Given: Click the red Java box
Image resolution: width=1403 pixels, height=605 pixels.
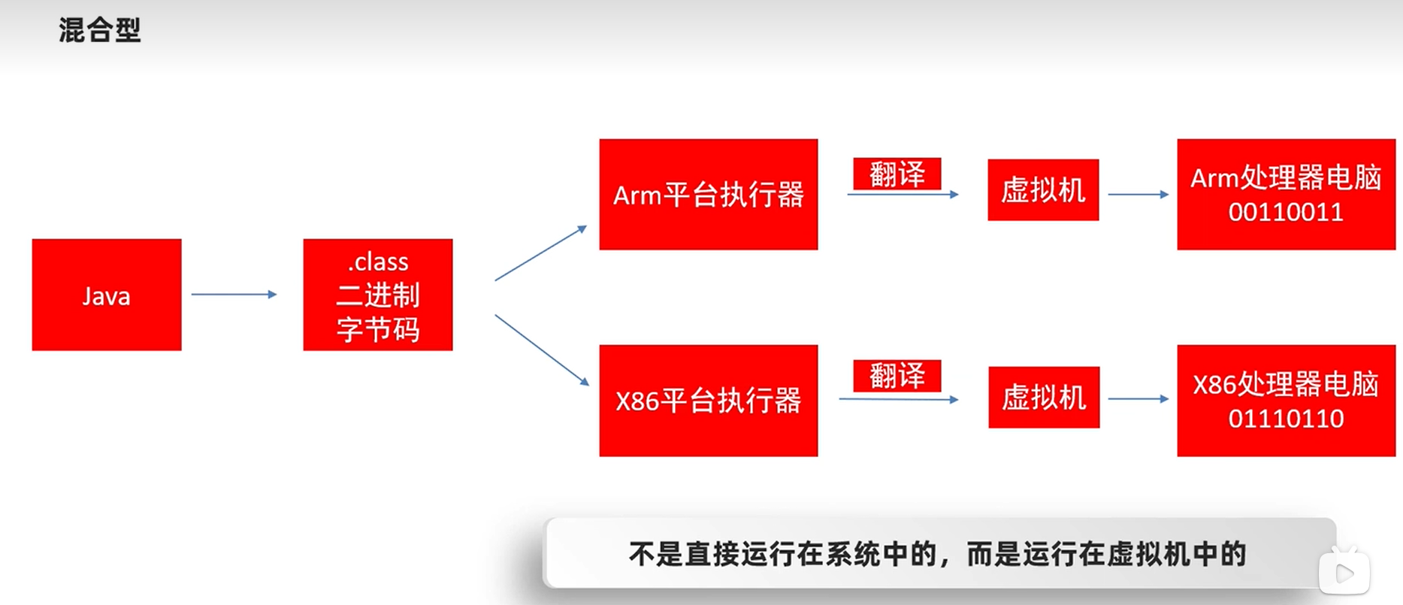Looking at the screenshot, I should point(107,295).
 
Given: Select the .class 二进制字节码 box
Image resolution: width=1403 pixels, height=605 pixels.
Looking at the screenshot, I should point(378,295).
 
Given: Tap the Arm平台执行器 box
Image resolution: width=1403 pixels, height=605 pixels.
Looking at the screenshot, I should point(708,194).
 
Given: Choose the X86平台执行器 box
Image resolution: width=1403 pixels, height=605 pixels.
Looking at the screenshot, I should point(708,401).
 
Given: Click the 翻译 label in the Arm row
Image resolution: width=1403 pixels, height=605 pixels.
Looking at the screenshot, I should point(897,174).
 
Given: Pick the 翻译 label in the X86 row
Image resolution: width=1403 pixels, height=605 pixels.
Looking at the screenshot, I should point(897,375).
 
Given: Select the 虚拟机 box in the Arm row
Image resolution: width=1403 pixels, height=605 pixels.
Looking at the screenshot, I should point(1043,190).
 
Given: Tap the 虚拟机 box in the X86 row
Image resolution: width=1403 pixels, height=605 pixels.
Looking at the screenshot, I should point(1044,398).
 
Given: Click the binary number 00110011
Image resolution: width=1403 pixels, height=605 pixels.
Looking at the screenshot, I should point(1286,213).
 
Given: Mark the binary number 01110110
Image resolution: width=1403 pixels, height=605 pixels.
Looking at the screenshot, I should point(1286,419).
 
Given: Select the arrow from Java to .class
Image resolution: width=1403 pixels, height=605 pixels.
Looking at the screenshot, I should point(234,295).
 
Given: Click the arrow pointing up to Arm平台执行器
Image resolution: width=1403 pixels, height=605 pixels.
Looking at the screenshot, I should point(540,253).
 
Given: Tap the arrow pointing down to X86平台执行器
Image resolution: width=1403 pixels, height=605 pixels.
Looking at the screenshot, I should point(541,349).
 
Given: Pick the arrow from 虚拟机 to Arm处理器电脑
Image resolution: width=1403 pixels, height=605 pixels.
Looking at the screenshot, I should point(1138,195).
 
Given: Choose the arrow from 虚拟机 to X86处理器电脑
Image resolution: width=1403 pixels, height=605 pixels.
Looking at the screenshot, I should point(1138,399).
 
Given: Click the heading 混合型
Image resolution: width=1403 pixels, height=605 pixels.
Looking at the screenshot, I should point(100,30).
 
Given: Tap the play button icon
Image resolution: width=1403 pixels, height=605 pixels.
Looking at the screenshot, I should point(1344,573).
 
